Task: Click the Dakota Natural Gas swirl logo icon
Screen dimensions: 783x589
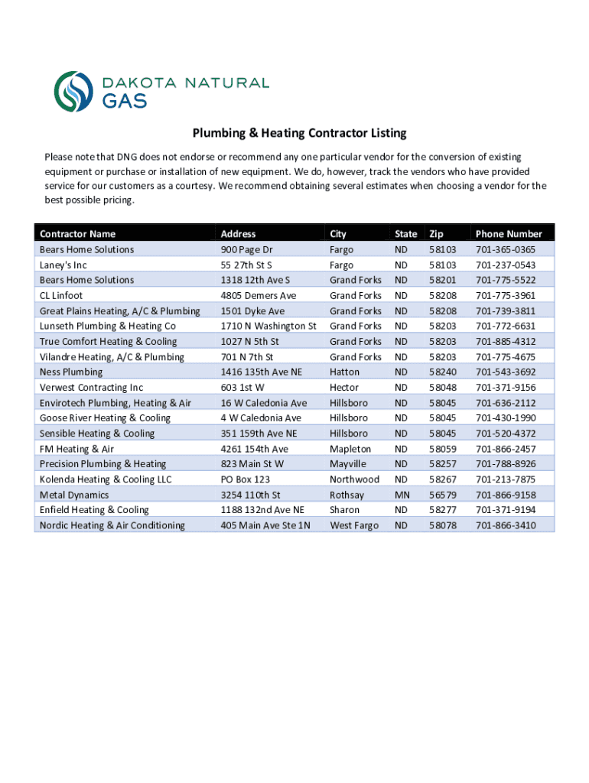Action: pos(73,91)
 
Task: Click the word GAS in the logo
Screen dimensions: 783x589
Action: pos(125,100)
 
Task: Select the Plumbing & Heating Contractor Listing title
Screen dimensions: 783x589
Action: pos(299,133)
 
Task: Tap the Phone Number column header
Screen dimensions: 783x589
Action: pos(509,234)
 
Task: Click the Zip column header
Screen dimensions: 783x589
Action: pos(436,234)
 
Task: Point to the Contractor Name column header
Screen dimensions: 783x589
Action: pos(77,234)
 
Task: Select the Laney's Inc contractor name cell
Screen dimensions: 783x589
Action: pos(63,265)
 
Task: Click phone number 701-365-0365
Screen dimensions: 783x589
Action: pos(506,250)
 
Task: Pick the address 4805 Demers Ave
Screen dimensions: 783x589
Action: pos(258,296)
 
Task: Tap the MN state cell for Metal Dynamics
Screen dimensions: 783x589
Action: pos(402,495)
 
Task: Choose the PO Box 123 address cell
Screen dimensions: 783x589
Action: pos(245,479)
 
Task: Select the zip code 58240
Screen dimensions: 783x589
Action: pos(442,372)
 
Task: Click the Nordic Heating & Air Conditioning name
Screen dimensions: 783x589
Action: pos(112,525)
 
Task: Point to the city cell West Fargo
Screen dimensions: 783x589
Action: pos(354,525)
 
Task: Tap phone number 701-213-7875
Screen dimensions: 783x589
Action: pos(506,479)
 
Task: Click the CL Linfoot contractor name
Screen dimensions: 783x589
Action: pos(61,296)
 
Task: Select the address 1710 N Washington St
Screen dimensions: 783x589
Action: pos(268,327)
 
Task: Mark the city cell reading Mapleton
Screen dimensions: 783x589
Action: pos(350,449)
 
